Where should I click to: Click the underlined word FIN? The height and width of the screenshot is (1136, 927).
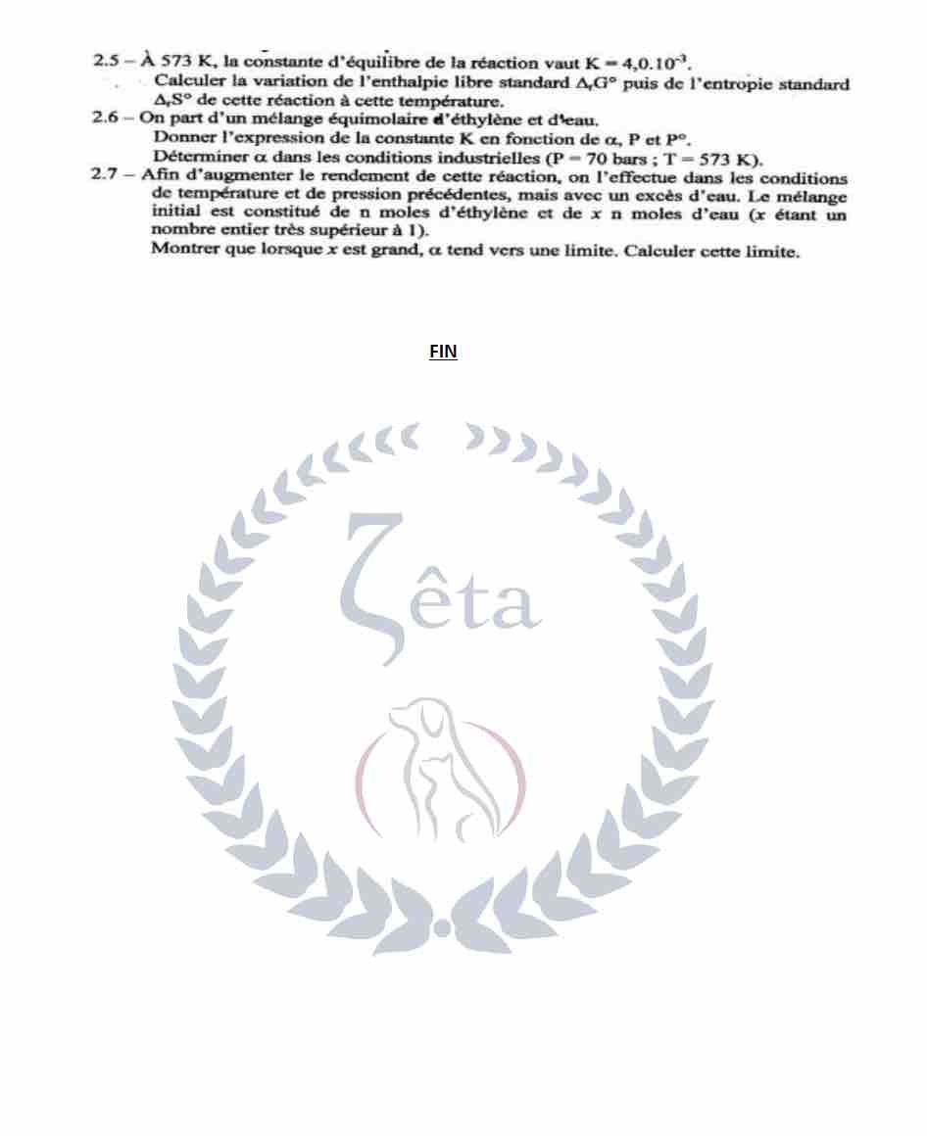click(x=443, y=352)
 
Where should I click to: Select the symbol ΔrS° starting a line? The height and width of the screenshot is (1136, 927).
click(x=173, y=102)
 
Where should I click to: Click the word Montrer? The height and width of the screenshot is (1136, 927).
click(x=181, y=251)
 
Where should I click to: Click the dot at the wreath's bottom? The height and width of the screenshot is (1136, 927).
click(x=443, y=926)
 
